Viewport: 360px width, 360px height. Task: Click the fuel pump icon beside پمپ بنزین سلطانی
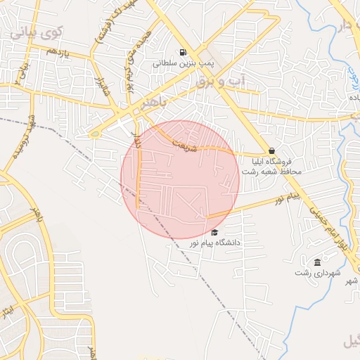(183, 52)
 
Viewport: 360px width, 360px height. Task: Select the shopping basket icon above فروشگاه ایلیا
(271, 150)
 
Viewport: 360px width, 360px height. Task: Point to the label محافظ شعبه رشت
(271, 172)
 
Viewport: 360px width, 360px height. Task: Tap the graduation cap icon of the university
(214, 233)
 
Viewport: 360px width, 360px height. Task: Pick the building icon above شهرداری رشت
(318, 262)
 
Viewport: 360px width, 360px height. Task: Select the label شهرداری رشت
(318, 272)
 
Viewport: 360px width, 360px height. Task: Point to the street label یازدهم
(56, 52)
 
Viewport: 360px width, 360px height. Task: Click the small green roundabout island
(94, 134)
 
